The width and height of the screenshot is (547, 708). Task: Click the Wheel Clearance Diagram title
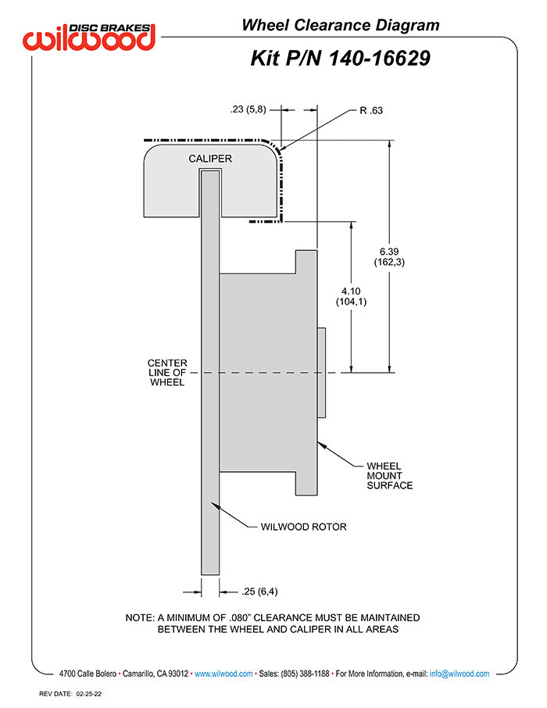point(340,25)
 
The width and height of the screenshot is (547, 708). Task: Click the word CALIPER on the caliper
point(210,159)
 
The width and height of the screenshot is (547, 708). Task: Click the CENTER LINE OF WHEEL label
point(166,373)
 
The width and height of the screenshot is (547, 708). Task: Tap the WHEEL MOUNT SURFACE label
point(389,475)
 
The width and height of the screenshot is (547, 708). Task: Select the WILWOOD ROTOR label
point(303,527)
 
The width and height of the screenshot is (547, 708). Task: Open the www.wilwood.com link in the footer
point(223,674)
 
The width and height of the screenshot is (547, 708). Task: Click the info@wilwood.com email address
point(459,674)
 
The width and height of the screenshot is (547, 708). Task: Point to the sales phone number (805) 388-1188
point(304,674)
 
